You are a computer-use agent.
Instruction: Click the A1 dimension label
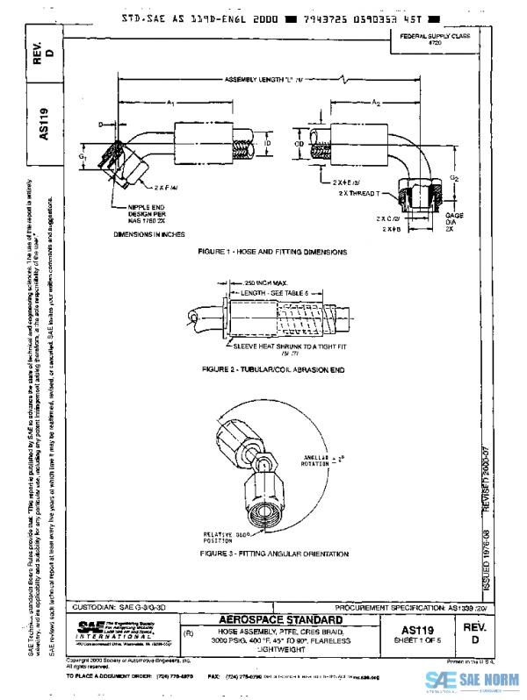point(171,103)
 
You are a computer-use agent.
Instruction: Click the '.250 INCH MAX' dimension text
point(248,282)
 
